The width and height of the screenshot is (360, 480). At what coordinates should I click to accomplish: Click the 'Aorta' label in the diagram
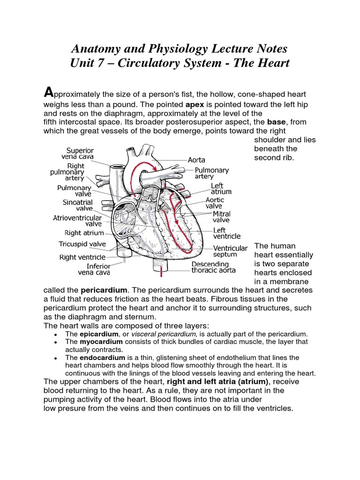tap(196, 160)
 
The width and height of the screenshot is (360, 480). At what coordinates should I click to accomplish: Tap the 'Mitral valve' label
tap(222, 217)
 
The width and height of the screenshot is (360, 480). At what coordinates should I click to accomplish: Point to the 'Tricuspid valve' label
tap(82, 244)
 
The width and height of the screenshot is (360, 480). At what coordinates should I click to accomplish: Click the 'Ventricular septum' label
tap(231, 251)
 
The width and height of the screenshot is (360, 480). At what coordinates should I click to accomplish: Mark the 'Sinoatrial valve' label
tap(77, 205)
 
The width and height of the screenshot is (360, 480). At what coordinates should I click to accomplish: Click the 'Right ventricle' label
tap(82, 257)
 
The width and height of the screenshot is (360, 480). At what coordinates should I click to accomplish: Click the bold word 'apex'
tap(195, 104)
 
